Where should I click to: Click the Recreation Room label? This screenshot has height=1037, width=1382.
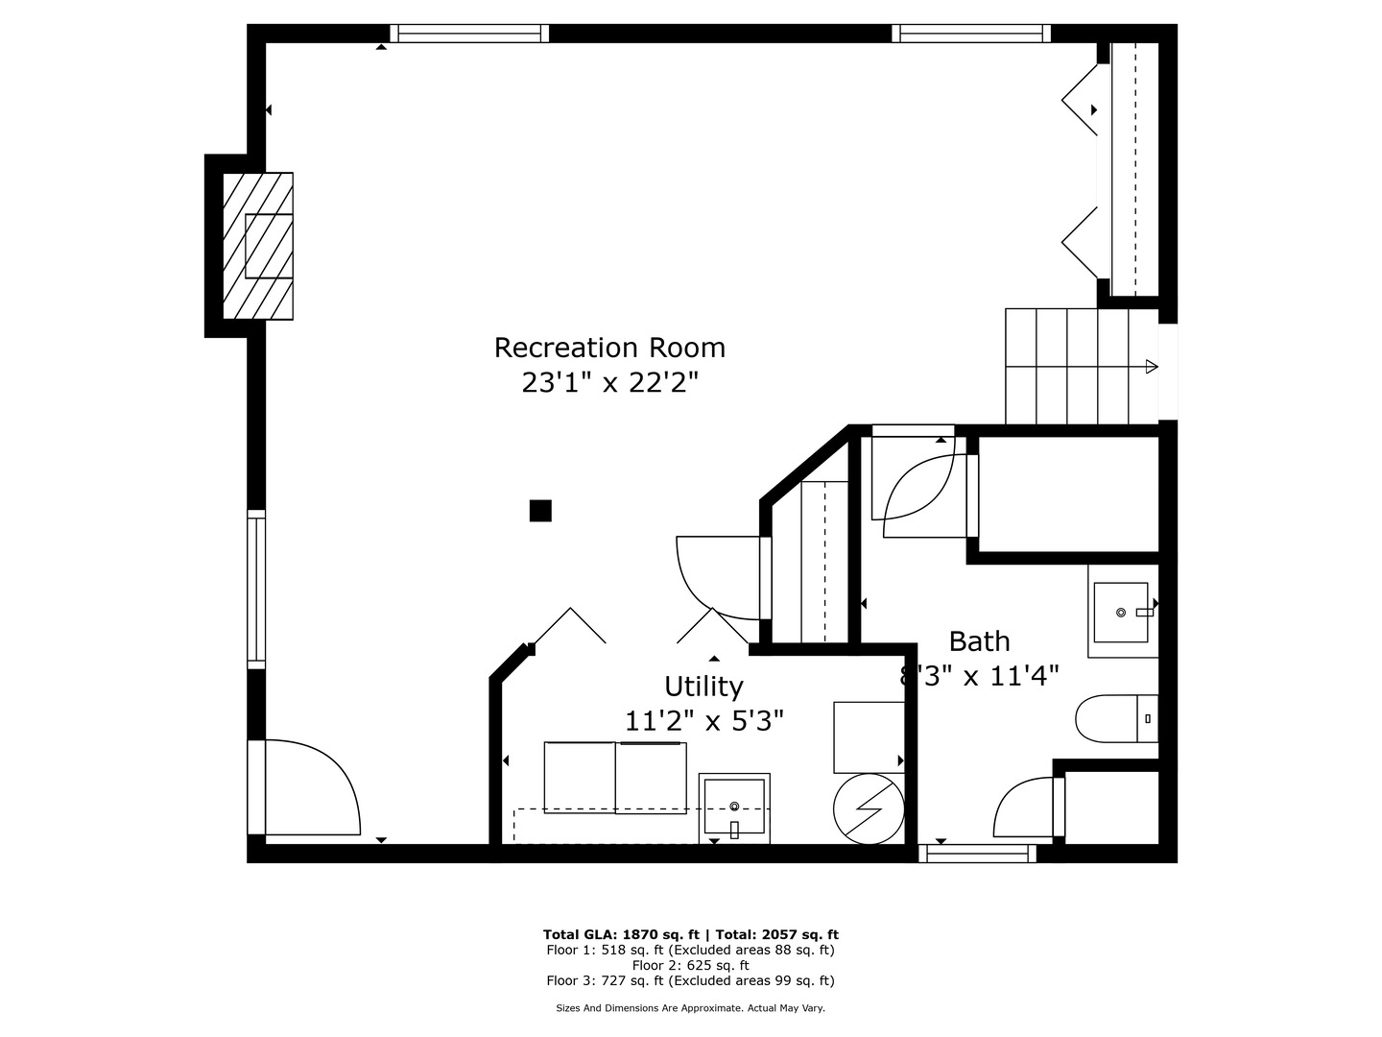(609, 348)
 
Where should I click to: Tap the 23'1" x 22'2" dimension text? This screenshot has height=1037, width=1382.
(609, 383)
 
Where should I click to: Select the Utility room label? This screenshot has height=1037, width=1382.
(703, 687)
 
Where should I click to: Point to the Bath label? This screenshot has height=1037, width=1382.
(979, 641)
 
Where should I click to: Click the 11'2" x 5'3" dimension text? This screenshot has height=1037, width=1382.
(704, 720)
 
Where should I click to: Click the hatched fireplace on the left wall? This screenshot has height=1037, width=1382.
(258, 246)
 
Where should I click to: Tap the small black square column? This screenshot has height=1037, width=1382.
(540, 511)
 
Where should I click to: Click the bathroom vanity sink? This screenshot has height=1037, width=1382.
(1121, 613)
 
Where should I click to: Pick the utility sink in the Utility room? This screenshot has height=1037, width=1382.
(735, 808)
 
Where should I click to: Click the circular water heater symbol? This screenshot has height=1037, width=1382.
(869, 808)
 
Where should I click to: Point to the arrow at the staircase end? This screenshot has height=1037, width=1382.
(1152, 366)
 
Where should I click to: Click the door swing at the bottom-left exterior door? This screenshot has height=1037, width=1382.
(312, 787)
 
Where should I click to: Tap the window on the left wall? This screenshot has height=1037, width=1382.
(256, 589)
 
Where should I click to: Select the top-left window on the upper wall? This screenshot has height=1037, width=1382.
(470, 34)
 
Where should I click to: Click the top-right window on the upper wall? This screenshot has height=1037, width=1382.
(971, 34)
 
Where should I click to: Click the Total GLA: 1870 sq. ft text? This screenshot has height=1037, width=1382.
(624, 934)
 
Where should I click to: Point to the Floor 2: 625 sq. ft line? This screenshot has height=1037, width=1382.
(690, 965)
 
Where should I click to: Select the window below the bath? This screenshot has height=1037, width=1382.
(977, 853)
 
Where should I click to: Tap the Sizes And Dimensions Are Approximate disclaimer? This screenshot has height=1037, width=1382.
(690, 1008)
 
